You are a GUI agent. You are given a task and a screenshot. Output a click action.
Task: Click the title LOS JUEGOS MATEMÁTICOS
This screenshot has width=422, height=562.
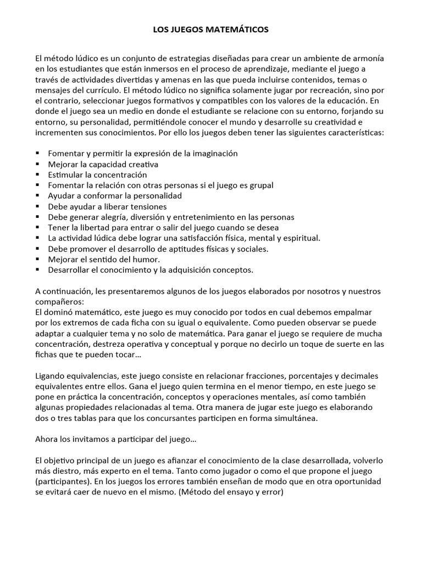coord(210,30)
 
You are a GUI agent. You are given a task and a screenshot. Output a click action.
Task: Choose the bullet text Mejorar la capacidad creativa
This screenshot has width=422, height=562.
coord(103,164)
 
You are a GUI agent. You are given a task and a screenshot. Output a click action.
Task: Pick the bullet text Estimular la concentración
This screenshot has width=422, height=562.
coord(98,175)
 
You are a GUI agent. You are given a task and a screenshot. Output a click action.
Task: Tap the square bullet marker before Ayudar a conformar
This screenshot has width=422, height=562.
coord(37,195)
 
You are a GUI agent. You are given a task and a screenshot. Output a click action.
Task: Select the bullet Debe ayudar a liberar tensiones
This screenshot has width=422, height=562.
coord(107,206)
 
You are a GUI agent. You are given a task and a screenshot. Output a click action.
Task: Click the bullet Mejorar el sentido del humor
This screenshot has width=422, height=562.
coord(104,258)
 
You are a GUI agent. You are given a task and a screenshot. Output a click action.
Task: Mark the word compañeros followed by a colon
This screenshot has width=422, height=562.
coord(59,301)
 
